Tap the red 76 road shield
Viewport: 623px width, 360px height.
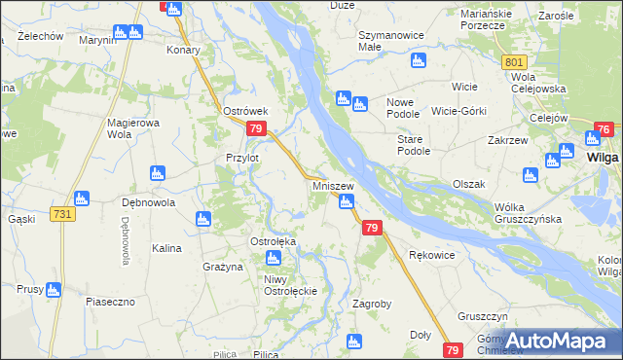(x=604, y=129)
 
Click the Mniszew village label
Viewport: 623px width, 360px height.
(x=332, y=185)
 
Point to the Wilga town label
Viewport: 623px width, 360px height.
(x=605, y=159)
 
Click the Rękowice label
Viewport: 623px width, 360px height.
(x=432, y=255)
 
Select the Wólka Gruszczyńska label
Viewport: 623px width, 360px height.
(x=529, y=213)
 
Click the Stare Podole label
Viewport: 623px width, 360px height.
(x=414, y=145)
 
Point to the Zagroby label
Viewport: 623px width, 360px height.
(x=371, y=304)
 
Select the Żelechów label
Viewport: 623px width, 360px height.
(x=33, y=36)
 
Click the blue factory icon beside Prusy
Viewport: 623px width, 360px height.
(x=53, y=290)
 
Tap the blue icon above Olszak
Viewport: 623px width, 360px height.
(x=530, y=175)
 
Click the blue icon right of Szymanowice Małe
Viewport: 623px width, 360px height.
(x=419, y=61)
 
